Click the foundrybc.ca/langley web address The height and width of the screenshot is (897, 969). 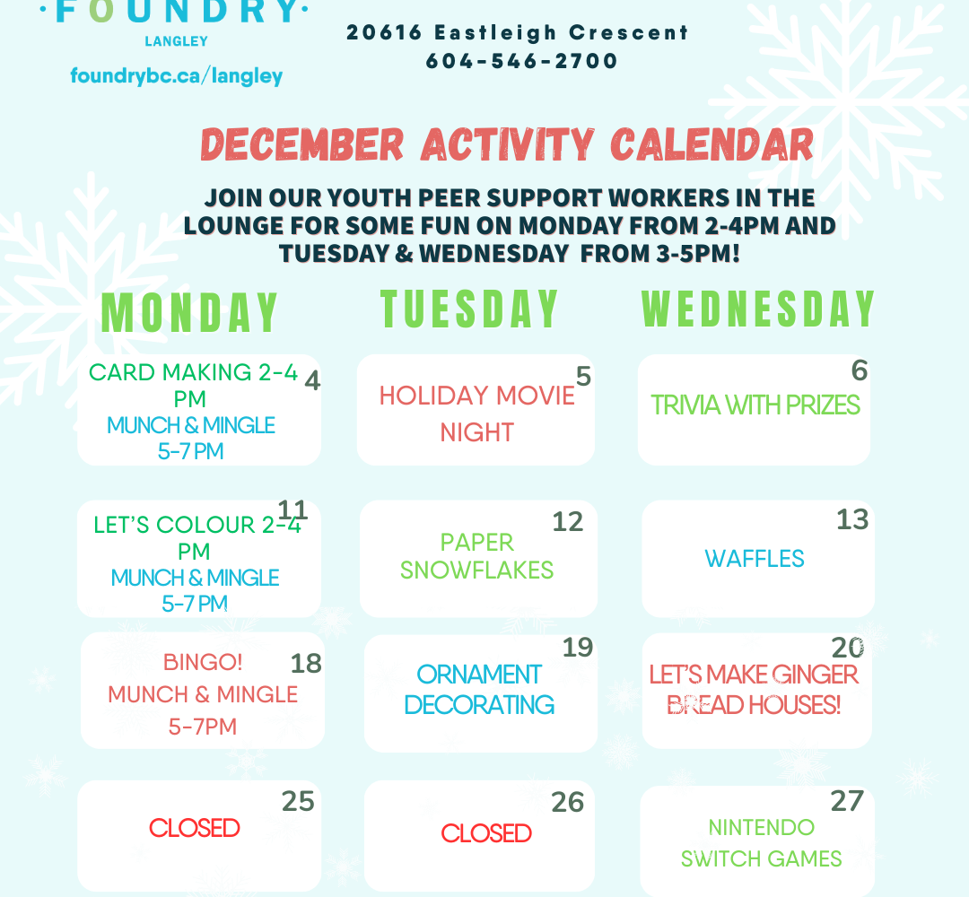(x=176, y=76)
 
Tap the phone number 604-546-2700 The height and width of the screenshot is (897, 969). (x=521, y=60)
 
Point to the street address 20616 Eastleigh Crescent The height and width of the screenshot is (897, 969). (x=517, y=32)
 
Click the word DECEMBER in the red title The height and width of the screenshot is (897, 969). (x=302, y=144)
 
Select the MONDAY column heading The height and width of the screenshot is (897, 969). (x=189, y=312)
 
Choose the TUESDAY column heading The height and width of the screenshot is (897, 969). (x=469, y=309)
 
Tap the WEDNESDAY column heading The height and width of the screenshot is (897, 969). (x=758, y=309)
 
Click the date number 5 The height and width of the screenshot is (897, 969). (x=583, y=376)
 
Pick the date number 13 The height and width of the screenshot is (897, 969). (x=852, y=519)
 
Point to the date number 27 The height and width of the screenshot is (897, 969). (x=847, y=801)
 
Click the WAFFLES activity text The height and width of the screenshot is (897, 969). (x=755, y=559)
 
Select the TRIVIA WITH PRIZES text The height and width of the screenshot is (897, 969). (x=755, y=405)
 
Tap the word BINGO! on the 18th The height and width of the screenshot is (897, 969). (x=203, y=662)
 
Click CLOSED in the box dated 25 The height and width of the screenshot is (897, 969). (x=194, y=828)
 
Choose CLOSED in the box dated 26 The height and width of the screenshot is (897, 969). (x=486, y=833)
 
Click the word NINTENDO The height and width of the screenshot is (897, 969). (x=762, y=827)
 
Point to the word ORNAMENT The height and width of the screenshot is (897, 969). (x=479, y=675)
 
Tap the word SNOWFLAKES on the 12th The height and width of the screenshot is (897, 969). (x=476, y=570)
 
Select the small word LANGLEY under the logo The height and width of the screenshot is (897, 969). (x=176, y=41)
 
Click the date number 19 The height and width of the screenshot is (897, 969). (x=578, y=648)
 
